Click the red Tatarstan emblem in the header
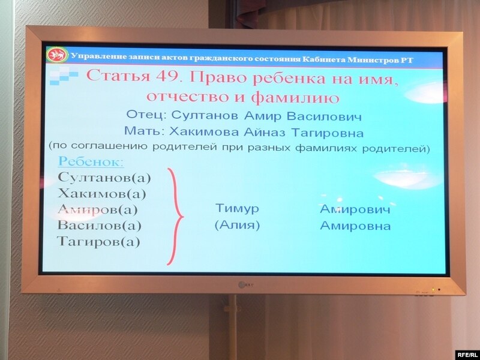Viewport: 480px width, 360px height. [x=57, y=55]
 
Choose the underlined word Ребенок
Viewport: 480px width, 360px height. [x=91, y=161]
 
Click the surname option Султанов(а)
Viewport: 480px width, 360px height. [x=104, y=178]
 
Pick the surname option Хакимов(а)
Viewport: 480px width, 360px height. [x=101, y=193]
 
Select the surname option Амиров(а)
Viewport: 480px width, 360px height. [x=98, y=209]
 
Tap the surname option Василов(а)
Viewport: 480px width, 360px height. [x=100, y=226]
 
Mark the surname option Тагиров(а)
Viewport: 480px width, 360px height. [x=98, y=242]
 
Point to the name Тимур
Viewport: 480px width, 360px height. [x=237, y=208]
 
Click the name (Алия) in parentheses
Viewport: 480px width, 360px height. [x=237, y=226]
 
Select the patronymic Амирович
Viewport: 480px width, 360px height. [x=355, y=209]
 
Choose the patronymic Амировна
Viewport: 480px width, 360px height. [x=355, y=226]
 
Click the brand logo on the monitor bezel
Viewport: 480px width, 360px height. [x=245, y=284]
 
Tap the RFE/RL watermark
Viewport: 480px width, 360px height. [x=467, y=355]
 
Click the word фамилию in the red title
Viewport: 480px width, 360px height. [x=295, y=98]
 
